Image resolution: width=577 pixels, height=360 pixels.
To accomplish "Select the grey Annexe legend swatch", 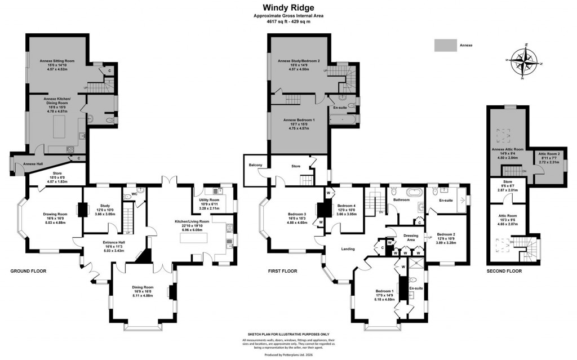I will (x=446, y=45).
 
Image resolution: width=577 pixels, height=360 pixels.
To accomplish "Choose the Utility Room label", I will (x=208, y=203).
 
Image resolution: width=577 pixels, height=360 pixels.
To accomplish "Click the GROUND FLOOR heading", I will (x=28, y=271).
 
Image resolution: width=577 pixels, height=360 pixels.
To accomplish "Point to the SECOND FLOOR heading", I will (x=504, y=271).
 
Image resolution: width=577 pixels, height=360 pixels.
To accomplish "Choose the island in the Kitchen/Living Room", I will (x=197, y=238).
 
